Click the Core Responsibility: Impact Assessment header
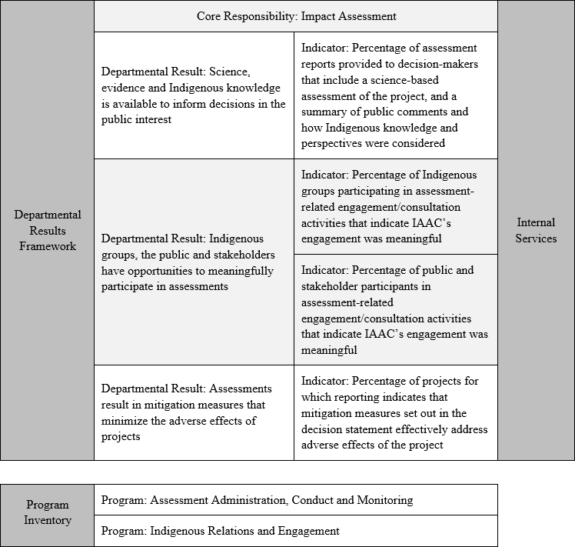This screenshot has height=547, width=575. pyautogui.click(x=296, y=15)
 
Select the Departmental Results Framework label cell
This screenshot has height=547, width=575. pyautogui.click(x=47, y=231)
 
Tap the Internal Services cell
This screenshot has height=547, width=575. pyautogui.click(x=536, y=231)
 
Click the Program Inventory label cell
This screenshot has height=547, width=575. pyautogui.click(x=47, y=512)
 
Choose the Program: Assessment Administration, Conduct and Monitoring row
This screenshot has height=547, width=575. pyautogui.click(x=296, y=500)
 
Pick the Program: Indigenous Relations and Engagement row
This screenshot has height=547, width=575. pyautogui.click(x=296, y=531)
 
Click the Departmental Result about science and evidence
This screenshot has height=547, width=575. pyautogui.click(x=194, y=96)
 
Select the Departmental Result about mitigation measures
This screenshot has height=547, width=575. pyautogui.click(x=194, y=412)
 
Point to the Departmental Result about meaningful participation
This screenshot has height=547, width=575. pyautogui.click(x=194, y=262)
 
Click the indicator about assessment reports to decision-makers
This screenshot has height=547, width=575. pyautogui.click(x=395, y=95)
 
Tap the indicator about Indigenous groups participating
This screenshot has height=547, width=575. pyautogui.click(x=395, y=206)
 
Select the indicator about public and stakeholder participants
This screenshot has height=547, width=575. pyautogui.click(x=395, y=310)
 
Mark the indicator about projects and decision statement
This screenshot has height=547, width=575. pyautogui.click(x=395, y=412)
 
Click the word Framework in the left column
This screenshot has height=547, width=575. pyautogui.click(x=48, y=246)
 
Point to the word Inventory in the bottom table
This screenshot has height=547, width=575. pyautogui.click(x=48, y=520)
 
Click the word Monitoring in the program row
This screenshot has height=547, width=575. pyautogui.click(x=386, y=500)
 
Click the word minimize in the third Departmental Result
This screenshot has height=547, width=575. pyautogui.click(x=122, y=420)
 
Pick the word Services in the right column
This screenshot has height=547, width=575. pyautogui.click(x=536, y=238)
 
